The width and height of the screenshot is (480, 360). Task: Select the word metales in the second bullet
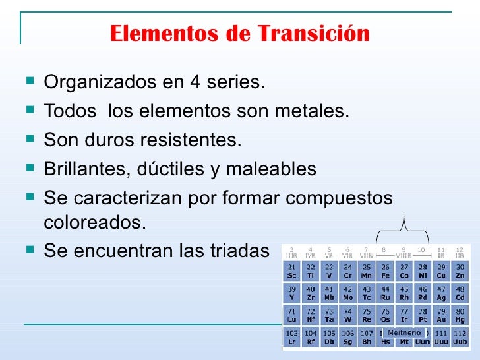(313, 112)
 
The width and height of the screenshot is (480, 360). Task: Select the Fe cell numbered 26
(386, 271)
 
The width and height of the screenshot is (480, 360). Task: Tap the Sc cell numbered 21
(291, 271)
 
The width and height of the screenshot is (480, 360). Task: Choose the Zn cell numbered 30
(460, 271)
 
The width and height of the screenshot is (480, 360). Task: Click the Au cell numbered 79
(441, 315)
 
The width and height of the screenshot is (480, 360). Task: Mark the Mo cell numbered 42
(348, 293)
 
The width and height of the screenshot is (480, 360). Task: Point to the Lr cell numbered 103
(291, 338)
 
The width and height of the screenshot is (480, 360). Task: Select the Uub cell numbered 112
(460, 338)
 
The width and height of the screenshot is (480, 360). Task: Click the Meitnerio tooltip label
(404, 333)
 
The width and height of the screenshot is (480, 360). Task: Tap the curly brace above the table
(403, 230)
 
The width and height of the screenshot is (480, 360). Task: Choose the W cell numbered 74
(348, 315)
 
